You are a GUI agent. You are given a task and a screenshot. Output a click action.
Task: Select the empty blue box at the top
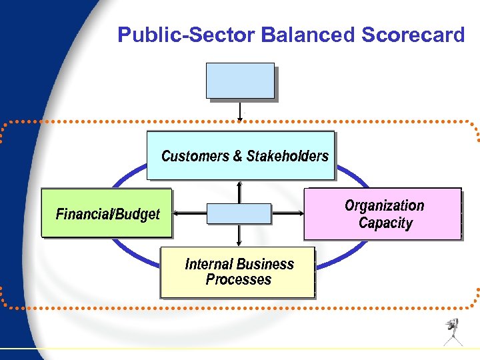pyautogui.click(x=240, y=81)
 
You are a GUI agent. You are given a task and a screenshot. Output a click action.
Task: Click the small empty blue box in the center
pyautogui.click(x=239, y=213)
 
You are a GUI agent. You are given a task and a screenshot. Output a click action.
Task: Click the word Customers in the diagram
pyautogui.click(x=195, y=156)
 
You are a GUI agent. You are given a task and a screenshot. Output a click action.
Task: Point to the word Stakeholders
pyautogui.click(x=287, y=156)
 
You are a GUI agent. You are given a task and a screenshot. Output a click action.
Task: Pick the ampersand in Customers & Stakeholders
pyautogui.click(x=237, y=156)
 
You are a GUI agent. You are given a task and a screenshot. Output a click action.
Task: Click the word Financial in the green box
pyautogui.click(x=84, y=214)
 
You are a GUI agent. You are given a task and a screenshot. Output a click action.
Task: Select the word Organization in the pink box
pyautogui.click(x=384, y=205)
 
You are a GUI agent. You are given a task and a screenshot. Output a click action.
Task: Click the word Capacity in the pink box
pyautogui.click(x=385, y=223)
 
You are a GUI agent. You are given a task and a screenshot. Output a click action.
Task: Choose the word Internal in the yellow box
pyautogui.click(x=207, y=264)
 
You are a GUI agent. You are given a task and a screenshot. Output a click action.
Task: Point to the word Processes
pyautogui.click(x=239, y=280)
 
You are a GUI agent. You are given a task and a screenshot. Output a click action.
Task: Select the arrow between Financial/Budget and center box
pyautogui.click(x=189, y=213)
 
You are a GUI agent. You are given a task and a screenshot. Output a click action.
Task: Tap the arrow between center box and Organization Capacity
pyautogui.click(x=287, y=213)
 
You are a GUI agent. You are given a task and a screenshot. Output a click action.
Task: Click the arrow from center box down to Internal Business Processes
pyautogui.click(x=239, y=235)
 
